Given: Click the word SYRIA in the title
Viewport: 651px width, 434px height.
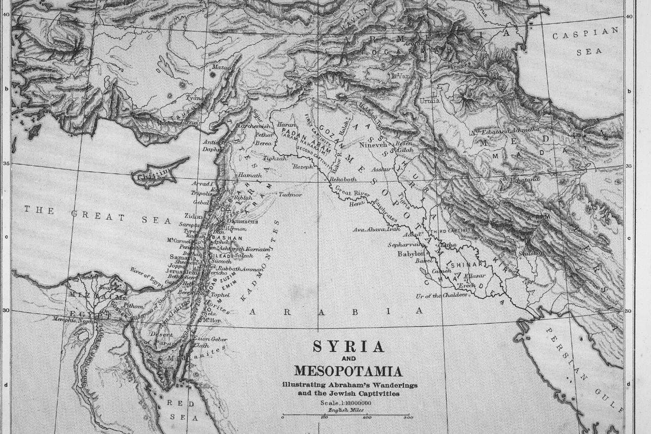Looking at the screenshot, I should (348, 347).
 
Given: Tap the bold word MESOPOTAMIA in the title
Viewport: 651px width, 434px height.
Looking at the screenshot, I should (349, 371).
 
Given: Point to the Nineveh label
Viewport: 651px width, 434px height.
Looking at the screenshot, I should (374, 144).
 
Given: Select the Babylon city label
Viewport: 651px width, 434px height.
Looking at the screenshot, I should (411, 253).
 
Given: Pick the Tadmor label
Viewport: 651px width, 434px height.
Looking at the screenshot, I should (290, 195).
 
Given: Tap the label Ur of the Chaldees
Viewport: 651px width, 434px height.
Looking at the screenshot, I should (435, 296).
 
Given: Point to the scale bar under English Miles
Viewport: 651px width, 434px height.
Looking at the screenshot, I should (346, 416).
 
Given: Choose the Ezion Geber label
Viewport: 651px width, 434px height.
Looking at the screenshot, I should (211, 339).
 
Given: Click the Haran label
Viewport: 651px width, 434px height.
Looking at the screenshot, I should (287, 125).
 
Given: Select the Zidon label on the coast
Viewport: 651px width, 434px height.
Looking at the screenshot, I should (194, 216).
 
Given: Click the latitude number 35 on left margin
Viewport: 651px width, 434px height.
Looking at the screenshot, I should (6, 163).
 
